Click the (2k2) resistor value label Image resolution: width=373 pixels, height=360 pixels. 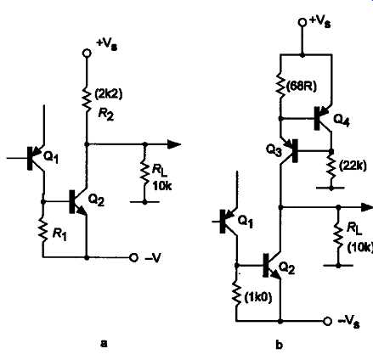109,94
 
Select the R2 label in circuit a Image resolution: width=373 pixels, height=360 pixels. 106,114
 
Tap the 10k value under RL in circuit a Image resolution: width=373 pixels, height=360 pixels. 162,186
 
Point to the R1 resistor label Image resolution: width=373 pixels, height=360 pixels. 59,234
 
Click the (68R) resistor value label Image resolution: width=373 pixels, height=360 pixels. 301,87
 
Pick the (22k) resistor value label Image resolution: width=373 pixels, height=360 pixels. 353,166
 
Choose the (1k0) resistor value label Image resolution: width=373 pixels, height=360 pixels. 258,297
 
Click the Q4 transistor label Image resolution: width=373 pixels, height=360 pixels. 342,120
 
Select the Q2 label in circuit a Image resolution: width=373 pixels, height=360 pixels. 96,200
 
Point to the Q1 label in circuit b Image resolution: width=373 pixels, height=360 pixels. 245,222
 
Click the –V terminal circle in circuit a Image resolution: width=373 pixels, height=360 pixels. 133,258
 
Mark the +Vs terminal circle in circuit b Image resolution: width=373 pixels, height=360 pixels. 302,22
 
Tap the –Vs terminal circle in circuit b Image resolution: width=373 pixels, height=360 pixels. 327,321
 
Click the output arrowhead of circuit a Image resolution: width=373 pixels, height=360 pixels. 174,144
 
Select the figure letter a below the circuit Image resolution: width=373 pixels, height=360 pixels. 105,344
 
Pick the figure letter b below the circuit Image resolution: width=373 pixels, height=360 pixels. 279,345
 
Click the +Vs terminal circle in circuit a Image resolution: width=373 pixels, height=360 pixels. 87,53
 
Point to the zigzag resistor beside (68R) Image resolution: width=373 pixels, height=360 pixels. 280,87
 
